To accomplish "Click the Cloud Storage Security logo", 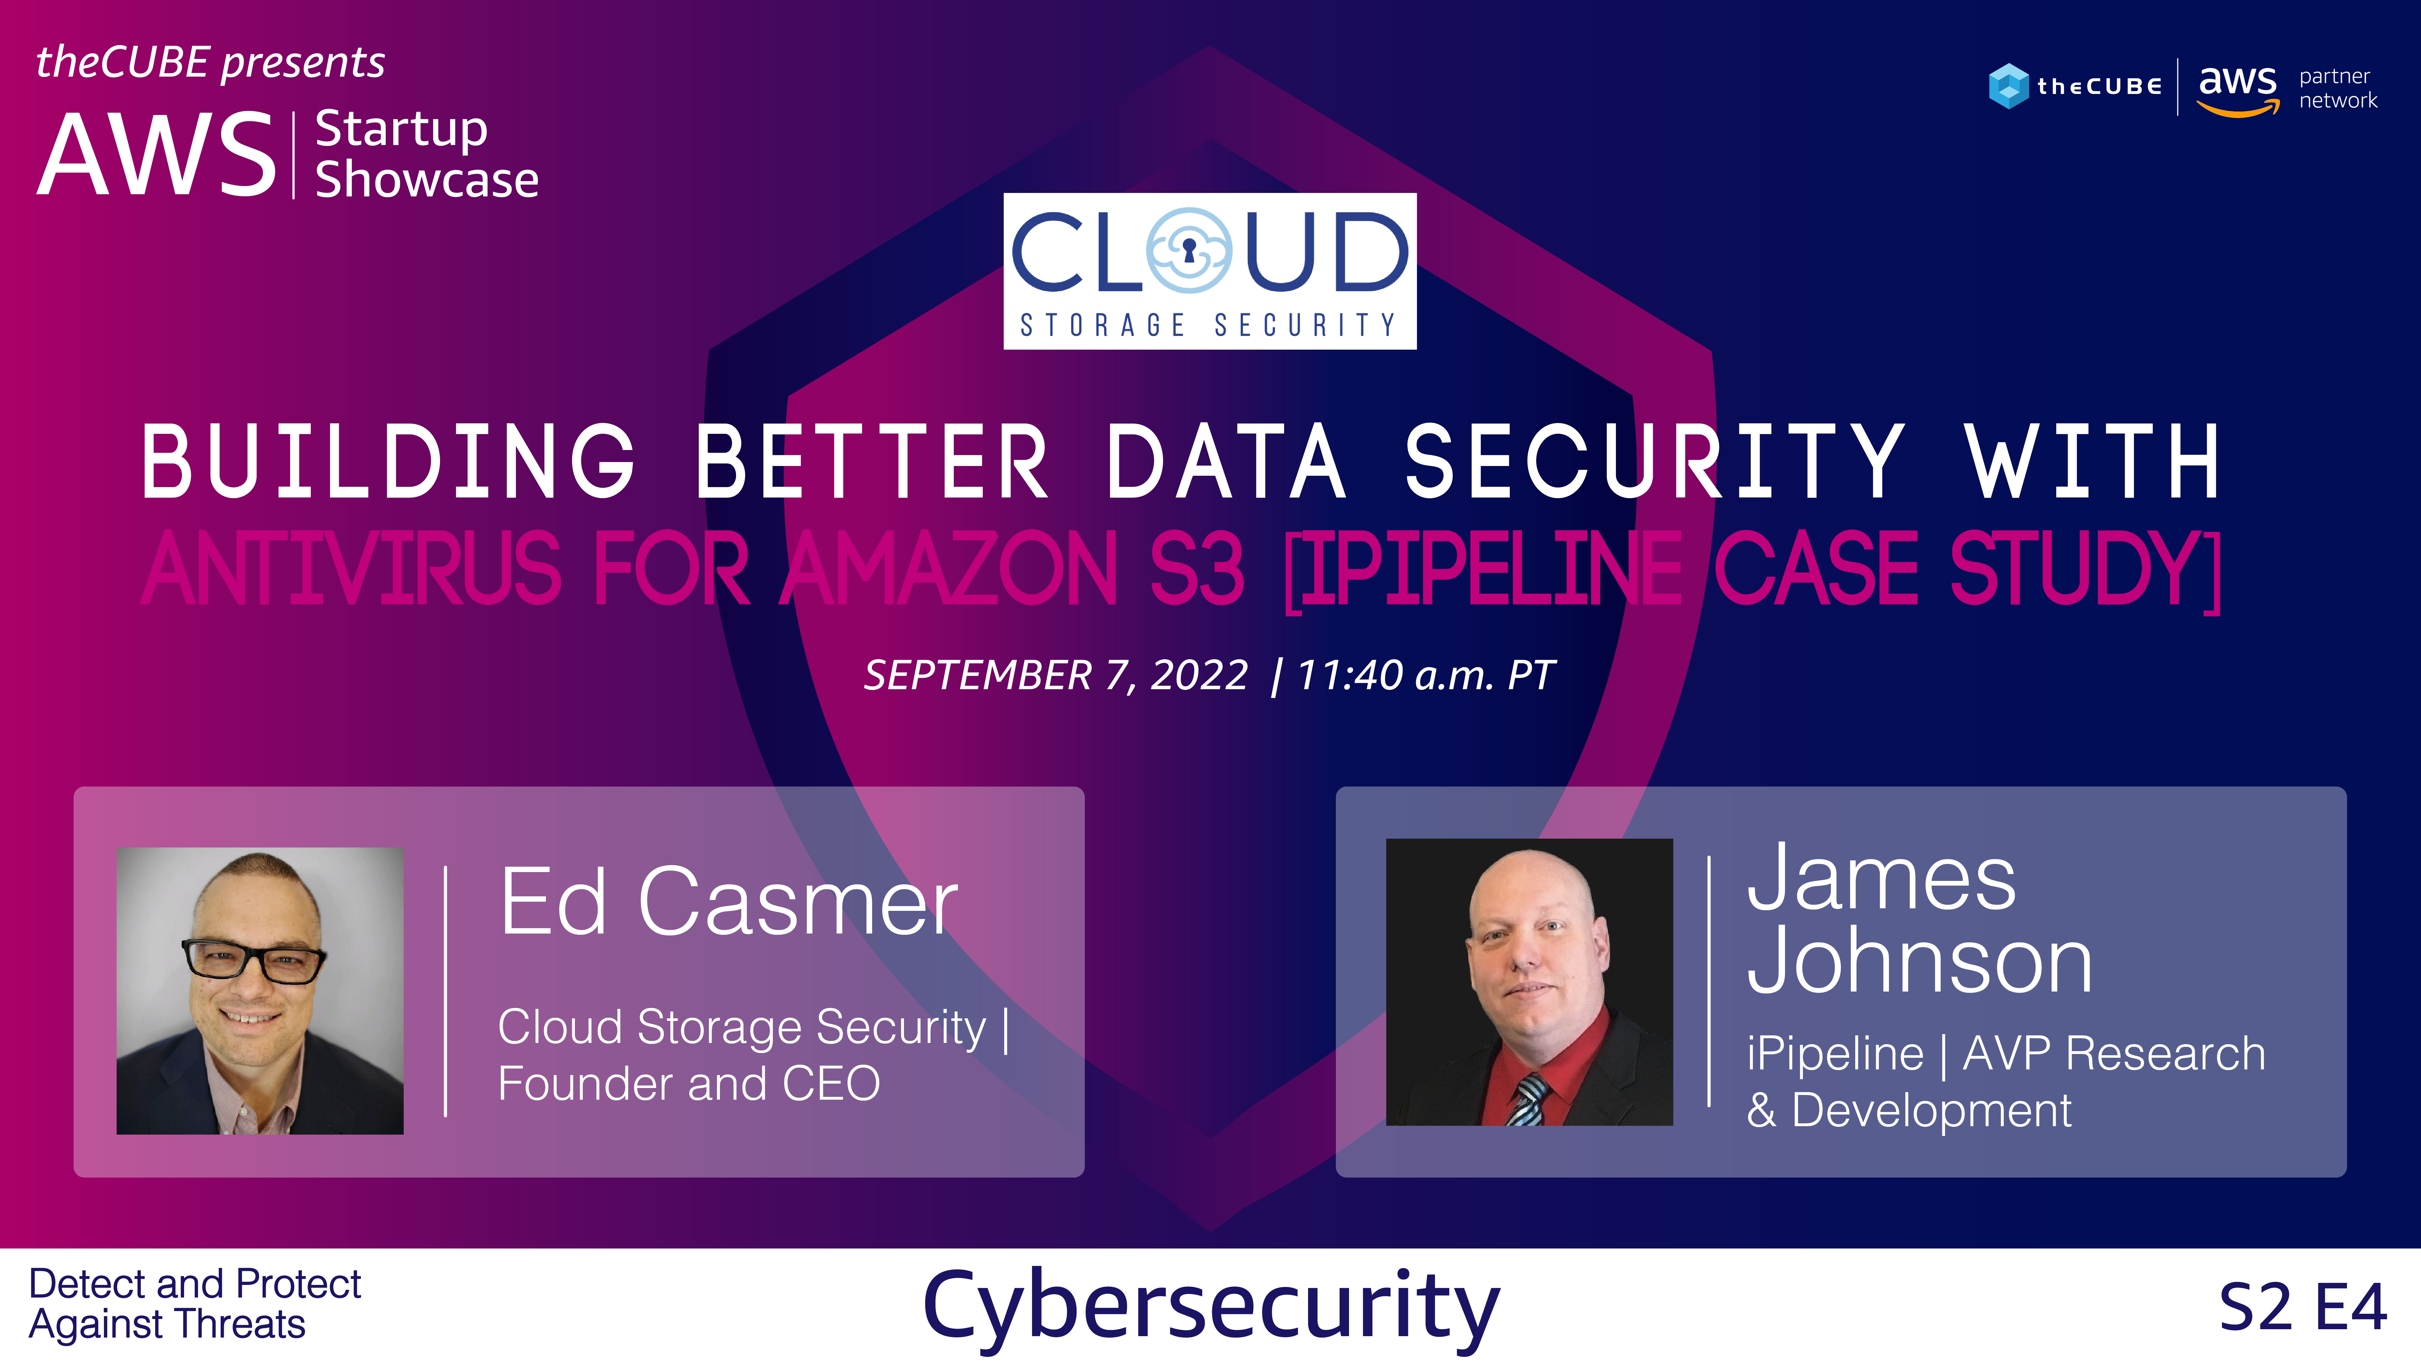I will [1210, 271].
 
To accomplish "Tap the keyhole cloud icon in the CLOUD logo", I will [1189, 250].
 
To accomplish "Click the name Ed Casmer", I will [728, 902].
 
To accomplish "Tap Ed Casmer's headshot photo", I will [259, 991].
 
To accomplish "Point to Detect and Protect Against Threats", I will [194, 1304].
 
